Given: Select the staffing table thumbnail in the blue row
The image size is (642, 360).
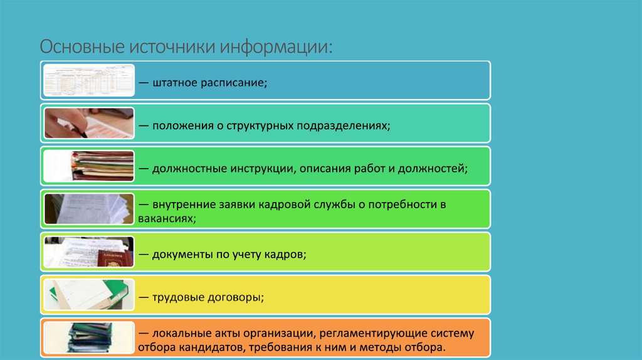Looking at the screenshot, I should click(88, 80).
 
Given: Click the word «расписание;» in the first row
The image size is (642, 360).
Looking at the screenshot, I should click(234, 83).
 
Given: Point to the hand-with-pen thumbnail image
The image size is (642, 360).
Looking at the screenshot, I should click(88, 123).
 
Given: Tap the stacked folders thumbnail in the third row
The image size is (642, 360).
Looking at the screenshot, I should click(88, 166).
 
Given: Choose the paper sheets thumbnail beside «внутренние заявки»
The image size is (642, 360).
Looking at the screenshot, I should click(88, 209).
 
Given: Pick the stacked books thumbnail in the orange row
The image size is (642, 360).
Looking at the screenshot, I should click(88, 337).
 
